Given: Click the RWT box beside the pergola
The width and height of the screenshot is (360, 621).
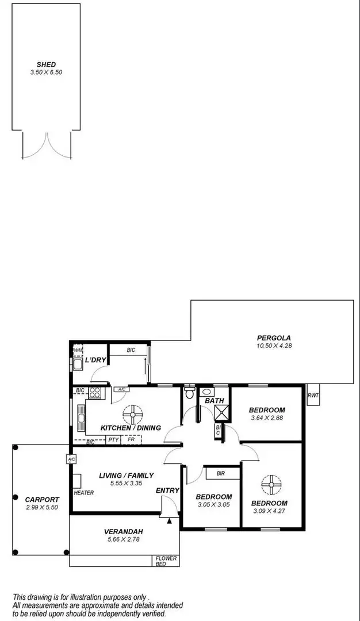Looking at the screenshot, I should (x=313, y=395).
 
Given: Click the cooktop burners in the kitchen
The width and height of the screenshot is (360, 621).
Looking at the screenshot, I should (x=95, y=393).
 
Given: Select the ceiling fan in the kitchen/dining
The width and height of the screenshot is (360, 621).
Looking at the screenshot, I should (x=132, y=413).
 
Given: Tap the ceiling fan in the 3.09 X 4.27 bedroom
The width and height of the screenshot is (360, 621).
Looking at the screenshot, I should (x=269, y=484).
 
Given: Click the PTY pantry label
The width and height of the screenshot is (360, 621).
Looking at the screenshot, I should (x=113, y=440).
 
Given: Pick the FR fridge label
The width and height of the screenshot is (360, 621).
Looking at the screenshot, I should (x=132, y=440).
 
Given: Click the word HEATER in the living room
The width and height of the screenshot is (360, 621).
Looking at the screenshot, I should (x=84, y=493).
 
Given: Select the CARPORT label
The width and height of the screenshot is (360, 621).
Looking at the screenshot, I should (x=42, y=500).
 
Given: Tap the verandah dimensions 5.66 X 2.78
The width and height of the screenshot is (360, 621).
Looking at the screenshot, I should (x=123, y=539).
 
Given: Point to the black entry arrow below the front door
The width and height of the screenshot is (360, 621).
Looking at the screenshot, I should (x=169, y=521).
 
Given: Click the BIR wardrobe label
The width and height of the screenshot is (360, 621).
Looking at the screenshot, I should (x=220, y=474).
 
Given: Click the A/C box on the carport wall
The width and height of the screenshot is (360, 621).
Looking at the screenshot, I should (x=71, y=459).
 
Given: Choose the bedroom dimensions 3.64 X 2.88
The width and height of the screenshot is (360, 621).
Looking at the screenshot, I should (x=267, y=418).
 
